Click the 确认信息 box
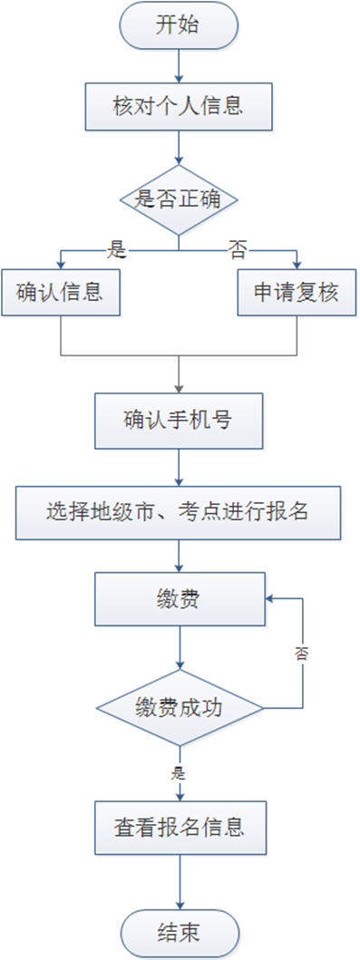click(59, 293)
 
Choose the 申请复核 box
click(297, 293)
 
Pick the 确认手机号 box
click(180, 421)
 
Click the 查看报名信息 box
click(180, 828)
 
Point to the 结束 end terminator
click(180, 934)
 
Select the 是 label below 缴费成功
click(179, 773)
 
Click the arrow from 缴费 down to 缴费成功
click(180, 647)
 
